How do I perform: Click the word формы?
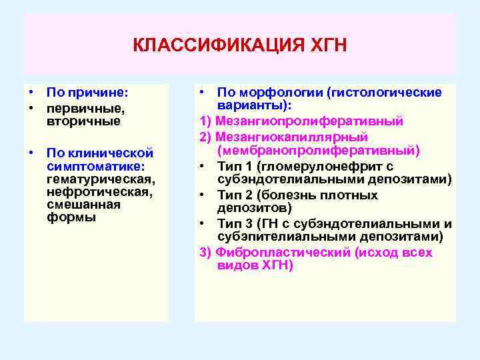click(x=71, y=217)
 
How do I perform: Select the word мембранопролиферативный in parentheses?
click(x=318, y=151)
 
